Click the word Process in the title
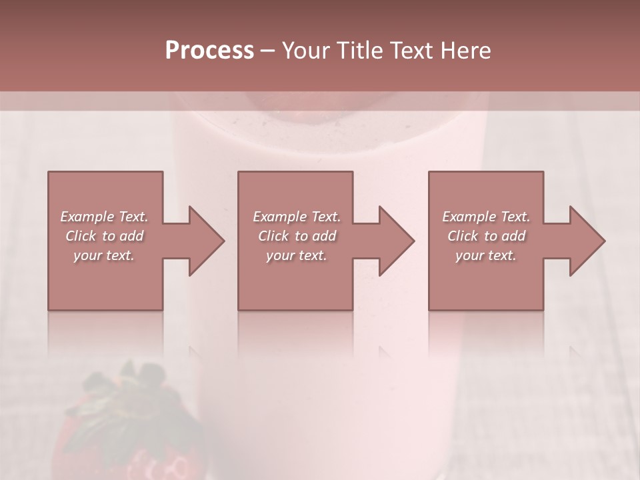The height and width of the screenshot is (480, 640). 209,51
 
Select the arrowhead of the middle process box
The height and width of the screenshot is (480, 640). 395,241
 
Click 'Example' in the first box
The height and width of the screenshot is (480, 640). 87,217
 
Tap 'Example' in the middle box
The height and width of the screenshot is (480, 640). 279,217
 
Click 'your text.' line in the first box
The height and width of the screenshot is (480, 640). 104,255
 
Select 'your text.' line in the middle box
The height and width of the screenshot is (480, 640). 296,255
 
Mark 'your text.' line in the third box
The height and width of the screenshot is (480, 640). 486,255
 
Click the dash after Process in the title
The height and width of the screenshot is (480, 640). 268,51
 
